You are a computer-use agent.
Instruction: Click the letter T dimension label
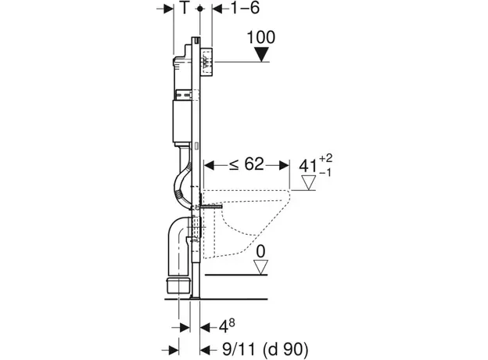click(x=184, y=9)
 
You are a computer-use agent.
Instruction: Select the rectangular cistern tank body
click(x=181, y=117)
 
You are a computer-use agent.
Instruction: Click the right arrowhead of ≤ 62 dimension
click(x=286, y=164)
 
